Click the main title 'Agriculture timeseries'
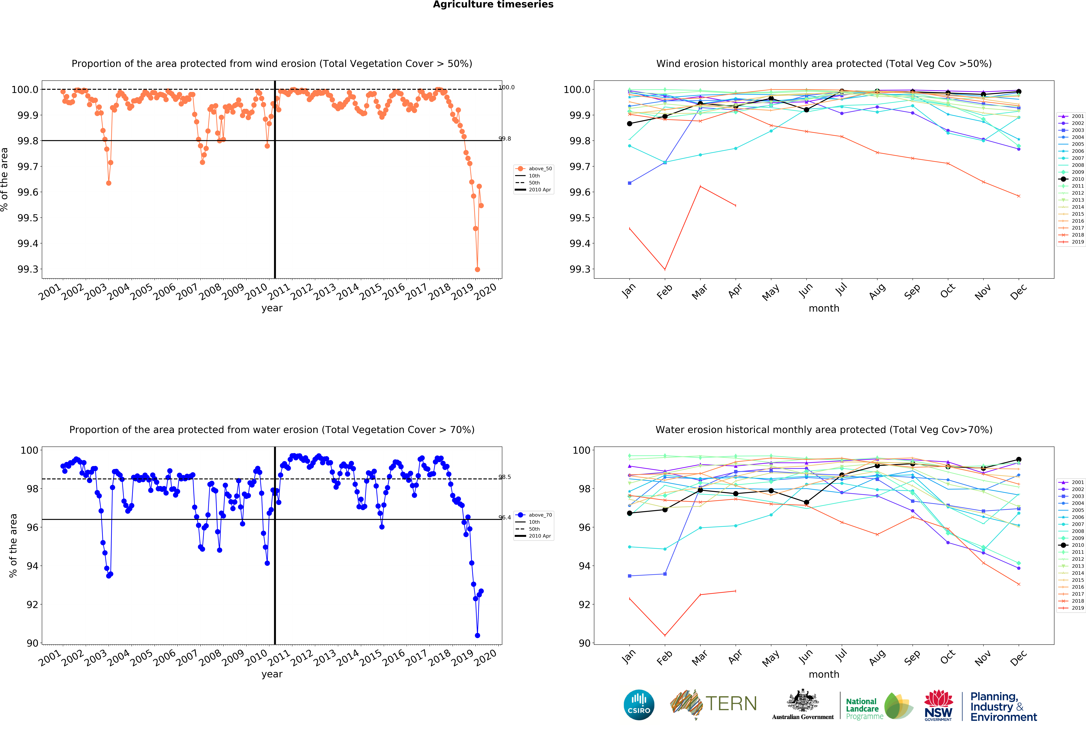493,5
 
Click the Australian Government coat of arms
802,700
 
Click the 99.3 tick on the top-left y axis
28,269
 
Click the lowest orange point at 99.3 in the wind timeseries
477,269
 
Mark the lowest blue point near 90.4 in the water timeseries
477,635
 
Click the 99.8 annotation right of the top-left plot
505,139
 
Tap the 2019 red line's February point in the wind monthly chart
664,269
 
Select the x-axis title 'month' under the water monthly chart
824,674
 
